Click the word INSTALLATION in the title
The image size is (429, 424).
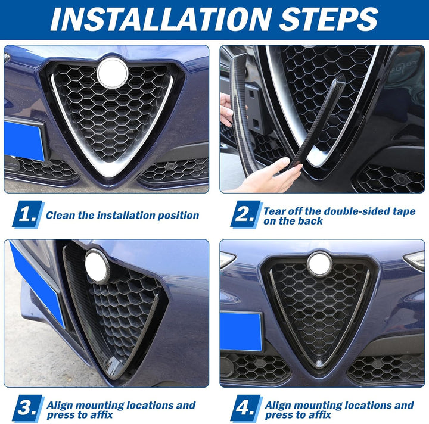point(161,20)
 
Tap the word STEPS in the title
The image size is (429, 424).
point(328,20)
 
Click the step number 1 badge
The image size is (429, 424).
point(28,214)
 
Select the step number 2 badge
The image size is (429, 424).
point(246,214)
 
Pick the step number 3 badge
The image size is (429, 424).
point(28,409)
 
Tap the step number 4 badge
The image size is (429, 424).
point(246,409)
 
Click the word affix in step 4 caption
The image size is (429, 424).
point(321,415)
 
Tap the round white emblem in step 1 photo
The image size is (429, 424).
point(112,73)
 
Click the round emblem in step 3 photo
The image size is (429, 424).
point(97,266)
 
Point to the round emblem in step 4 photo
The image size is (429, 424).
point(319,264)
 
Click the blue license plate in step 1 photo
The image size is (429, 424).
point(24,140)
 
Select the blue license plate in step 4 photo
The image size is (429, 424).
point(241,332)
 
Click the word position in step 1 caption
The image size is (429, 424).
point(179,216)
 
